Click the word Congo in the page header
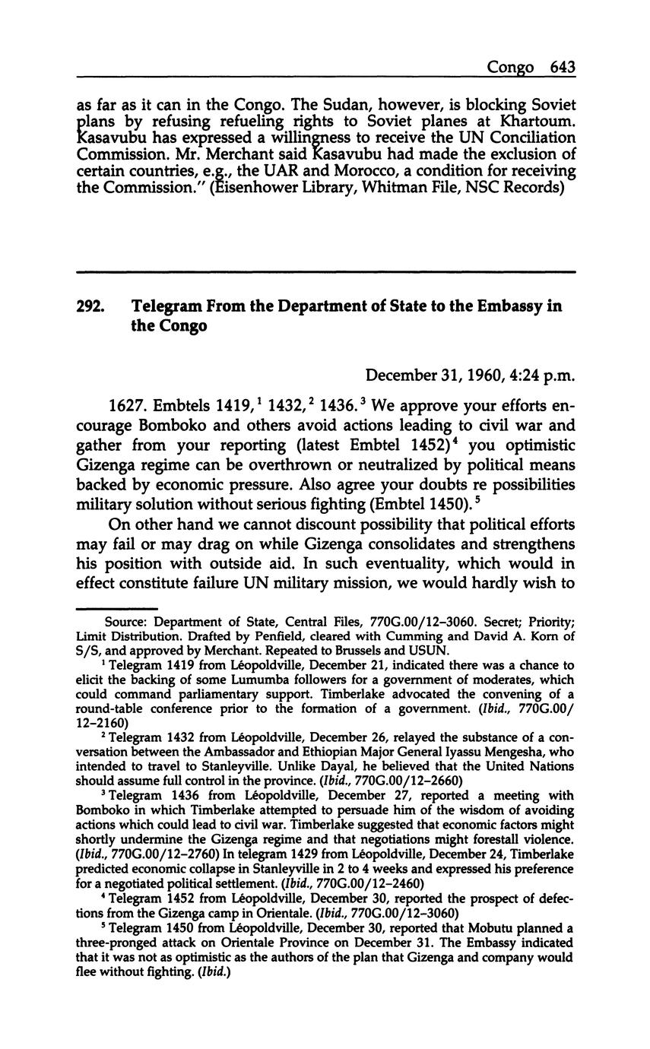pos(511,68)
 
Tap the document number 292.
pos(90,306)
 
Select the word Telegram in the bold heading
pos(168,306)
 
